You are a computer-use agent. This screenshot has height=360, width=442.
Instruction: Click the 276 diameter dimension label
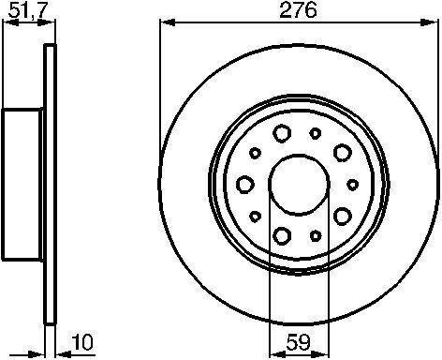(x=298, y=9)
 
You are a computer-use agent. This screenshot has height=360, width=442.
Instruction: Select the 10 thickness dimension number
(x=82, y=342)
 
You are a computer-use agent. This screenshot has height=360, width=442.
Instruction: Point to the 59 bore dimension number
(x=299, y=342)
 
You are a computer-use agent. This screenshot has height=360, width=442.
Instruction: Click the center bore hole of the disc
(x=299, y=185)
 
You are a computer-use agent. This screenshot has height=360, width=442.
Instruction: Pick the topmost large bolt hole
(x=282, y=133)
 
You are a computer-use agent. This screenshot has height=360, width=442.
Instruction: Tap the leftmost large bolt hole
(x=245, y=185)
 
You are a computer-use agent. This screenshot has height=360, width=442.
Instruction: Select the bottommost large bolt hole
(x=282, y=236)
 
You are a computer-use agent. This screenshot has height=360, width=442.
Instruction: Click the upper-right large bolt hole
(x=343, y=153)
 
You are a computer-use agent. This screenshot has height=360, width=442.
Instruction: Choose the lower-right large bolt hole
(x=343, y=217)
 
